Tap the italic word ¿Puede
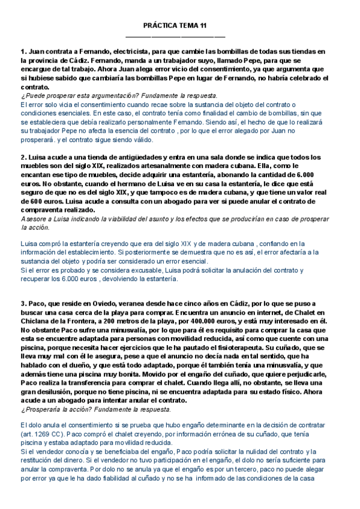click(x=31, y=95)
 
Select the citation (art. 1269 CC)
click(x=47, y=435)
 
